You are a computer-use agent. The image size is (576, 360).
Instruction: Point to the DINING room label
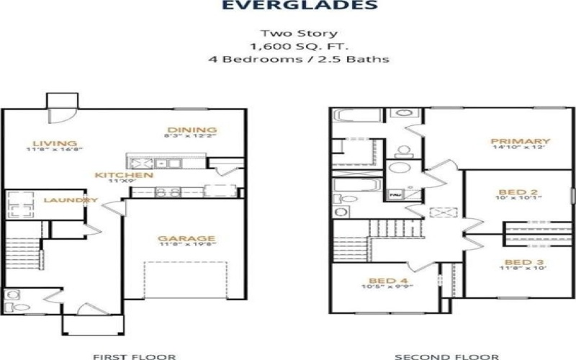(189, 130)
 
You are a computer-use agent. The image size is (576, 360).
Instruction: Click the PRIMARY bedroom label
(520, 141)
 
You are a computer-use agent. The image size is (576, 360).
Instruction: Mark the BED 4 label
(382, 280)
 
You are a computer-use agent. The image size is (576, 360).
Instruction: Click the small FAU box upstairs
(395, 195)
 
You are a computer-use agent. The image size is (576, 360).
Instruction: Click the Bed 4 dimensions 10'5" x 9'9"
(382, 288)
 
